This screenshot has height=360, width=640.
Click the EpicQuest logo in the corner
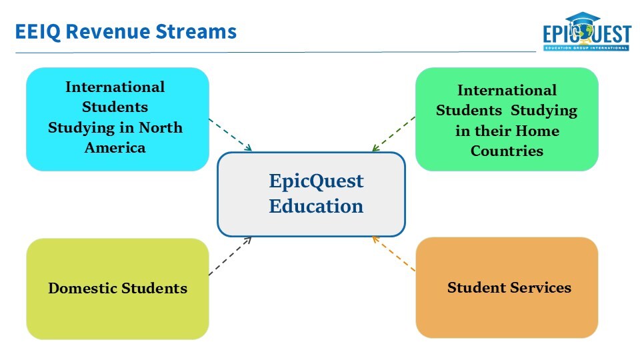pyautogui.click(x=586, y=33)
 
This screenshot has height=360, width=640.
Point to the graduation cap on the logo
pyautogui.click(x=582, y=19)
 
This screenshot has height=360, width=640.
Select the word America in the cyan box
pyautogui.click(x=115, y=147)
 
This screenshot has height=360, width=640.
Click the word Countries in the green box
pyautogui.click(x=507, y=151)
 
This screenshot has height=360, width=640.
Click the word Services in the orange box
pyautogui.click(x=541, y=287)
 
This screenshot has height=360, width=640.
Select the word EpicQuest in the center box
pyautogui.click(x=316, y=181)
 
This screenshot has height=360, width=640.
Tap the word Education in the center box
pyautogui.click(x=316, y=205)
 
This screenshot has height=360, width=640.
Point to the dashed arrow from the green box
pyautogui.click(x=393, y=134)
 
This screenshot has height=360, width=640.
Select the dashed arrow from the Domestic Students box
pyautogui.click(x=231, y=255)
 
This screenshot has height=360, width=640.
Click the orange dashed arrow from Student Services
pyautogui.click(x=393, y=254)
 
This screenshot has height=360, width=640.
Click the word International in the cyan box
pyautogui.click(x=115, y=87)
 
